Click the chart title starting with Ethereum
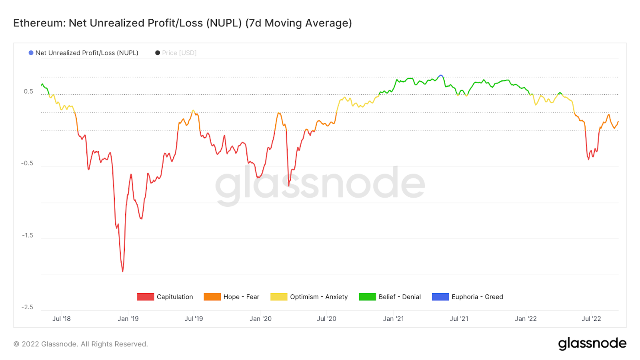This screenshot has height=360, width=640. point(182,23)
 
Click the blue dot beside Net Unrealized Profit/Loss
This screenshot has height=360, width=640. point(31,53)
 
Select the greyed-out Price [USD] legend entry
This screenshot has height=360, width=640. point(179,53)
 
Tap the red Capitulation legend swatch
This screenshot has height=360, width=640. point(145,297)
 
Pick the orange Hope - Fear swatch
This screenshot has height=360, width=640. point(212,297)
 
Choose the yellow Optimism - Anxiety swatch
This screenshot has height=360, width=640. point(279,297)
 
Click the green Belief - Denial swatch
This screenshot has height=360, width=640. point(367,297)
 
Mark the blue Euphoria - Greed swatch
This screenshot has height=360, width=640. point(440,297)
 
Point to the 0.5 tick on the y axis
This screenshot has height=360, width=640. point(28,91)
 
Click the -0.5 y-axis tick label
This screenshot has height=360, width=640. point(27,163)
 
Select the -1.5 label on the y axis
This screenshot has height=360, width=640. point(27,235)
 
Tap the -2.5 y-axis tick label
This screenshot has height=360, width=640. point(27,307)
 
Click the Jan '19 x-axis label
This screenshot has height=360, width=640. point(128,319)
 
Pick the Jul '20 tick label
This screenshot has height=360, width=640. point(326,319)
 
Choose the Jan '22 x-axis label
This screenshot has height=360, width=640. point(526,319)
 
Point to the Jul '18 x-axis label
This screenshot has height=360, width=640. point(61,319)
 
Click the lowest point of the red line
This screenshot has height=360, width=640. point(122,271)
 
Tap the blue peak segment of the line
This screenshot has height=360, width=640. point(440,75)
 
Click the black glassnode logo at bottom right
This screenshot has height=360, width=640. point(592,344)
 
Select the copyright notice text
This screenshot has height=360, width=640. point(81,344)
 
